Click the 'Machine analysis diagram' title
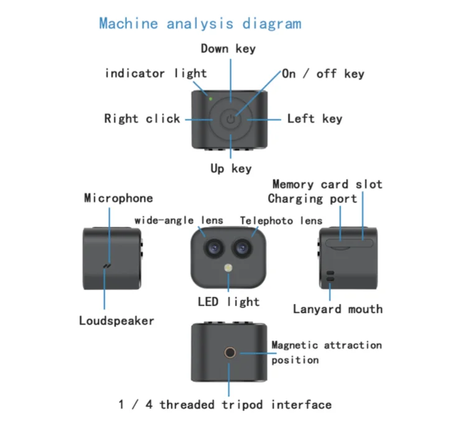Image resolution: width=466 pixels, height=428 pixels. click(200, 24)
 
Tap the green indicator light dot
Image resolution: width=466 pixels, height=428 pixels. click(211, 98)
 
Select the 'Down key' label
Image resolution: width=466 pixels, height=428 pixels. click(228, 49)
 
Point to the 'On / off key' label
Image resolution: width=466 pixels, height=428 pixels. click(323, 73)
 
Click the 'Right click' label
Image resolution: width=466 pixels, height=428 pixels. click(142, 118)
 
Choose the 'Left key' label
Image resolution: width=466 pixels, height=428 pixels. click(314, 118)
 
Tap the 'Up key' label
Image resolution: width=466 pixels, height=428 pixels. click(231, 169)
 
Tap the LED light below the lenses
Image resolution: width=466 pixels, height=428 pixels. click(228, 269)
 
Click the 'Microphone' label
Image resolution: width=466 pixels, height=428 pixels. click(118, 198)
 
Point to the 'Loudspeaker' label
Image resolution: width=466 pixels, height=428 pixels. click(116, 321)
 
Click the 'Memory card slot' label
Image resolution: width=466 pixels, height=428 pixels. click(327, 184)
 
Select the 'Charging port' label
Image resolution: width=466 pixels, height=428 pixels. click(312, 199)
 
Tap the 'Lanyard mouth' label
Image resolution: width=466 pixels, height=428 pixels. click(337, 309)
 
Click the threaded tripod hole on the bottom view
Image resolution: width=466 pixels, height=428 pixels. click(230, 353)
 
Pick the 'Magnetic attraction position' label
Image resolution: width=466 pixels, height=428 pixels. click(326, 352)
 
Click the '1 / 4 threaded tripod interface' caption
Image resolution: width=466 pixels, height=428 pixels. click(225, 404)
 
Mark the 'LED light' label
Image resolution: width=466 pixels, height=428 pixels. click(228, 302)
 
